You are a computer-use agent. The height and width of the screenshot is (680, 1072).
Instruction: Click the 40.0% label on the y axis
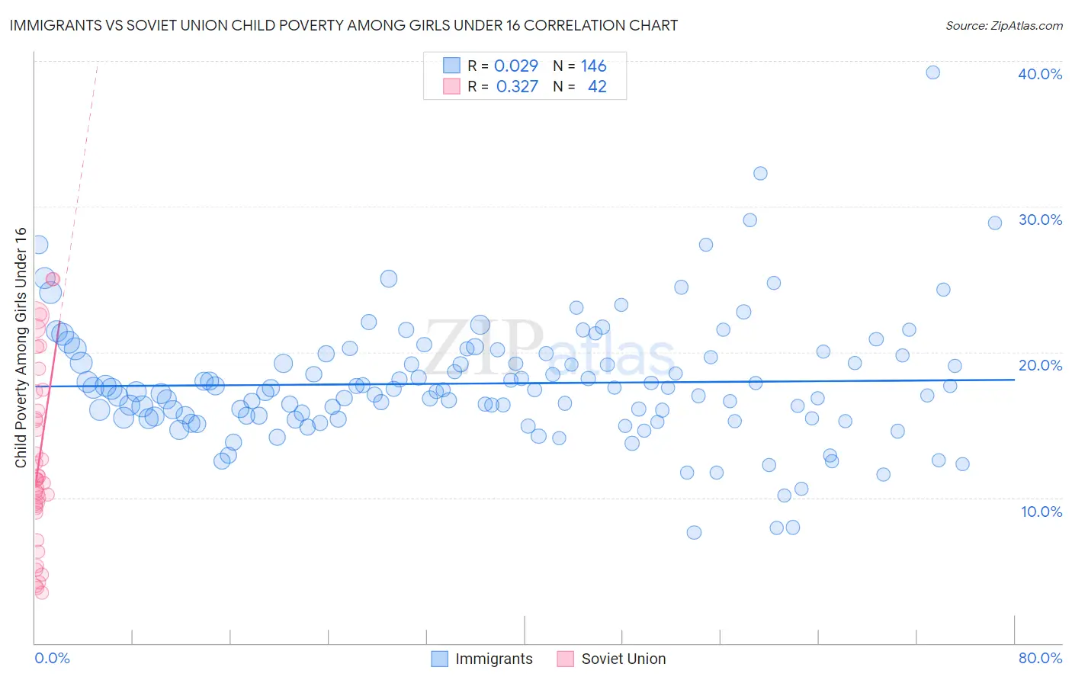point(1040,74)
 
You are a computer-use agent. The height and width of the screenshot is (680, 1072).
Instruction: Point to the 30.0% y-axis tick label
point(1040,220)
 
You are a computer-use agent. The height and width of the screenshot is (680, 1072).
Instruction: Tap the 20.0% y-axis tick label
point(1040,365)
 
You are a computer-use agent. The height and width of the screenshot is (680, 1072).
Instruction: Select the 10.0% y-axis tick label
point(1040,512)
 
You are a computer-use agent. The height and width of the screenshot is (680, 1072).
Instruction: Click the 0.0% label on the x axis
point(52,658)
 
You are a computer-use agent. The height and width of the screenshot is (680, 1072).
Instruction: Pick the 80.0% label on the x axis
point(1040,658)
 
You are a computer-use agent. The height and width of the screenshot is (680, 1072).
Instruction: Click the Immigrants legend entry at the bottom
point(482,659)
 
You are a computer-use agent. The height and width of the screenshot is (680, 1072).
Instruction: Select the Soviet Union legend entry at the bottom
point(611,659)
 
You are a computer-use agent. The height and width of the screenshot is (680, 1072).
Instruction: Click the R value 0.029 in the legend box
point(516,66)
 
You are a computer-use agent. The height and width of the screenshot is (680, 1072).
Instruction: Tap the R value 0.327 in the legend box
point(517,87)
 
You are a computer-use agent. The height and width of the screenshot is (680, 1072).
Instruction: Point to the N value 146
point(593,66)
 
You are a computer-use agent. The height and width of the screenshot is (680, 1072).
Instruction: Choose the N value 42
point(597,87)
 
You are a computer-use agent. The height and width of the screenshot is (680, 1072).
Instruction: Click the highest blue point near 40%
point(932,72)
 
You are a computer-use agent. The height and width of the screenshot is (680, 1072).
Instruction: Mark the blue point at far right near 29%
point(994,223)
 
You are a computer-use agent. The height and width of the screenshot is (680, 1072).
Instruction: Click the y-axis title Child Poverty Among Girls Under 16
point(21,348)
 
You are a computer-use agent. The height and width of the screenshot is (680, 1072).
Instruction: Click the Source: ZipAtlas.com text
point(1003,26)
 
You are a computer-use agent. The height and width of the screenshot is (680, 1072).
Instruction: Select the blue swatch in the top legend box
point(451,66)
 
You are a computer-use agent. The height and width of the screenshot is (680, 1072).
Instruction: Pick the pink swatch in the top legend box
point(451,86)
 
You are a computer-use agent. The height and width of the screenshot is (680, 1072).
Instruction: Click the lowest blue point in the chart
point(694,532)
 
